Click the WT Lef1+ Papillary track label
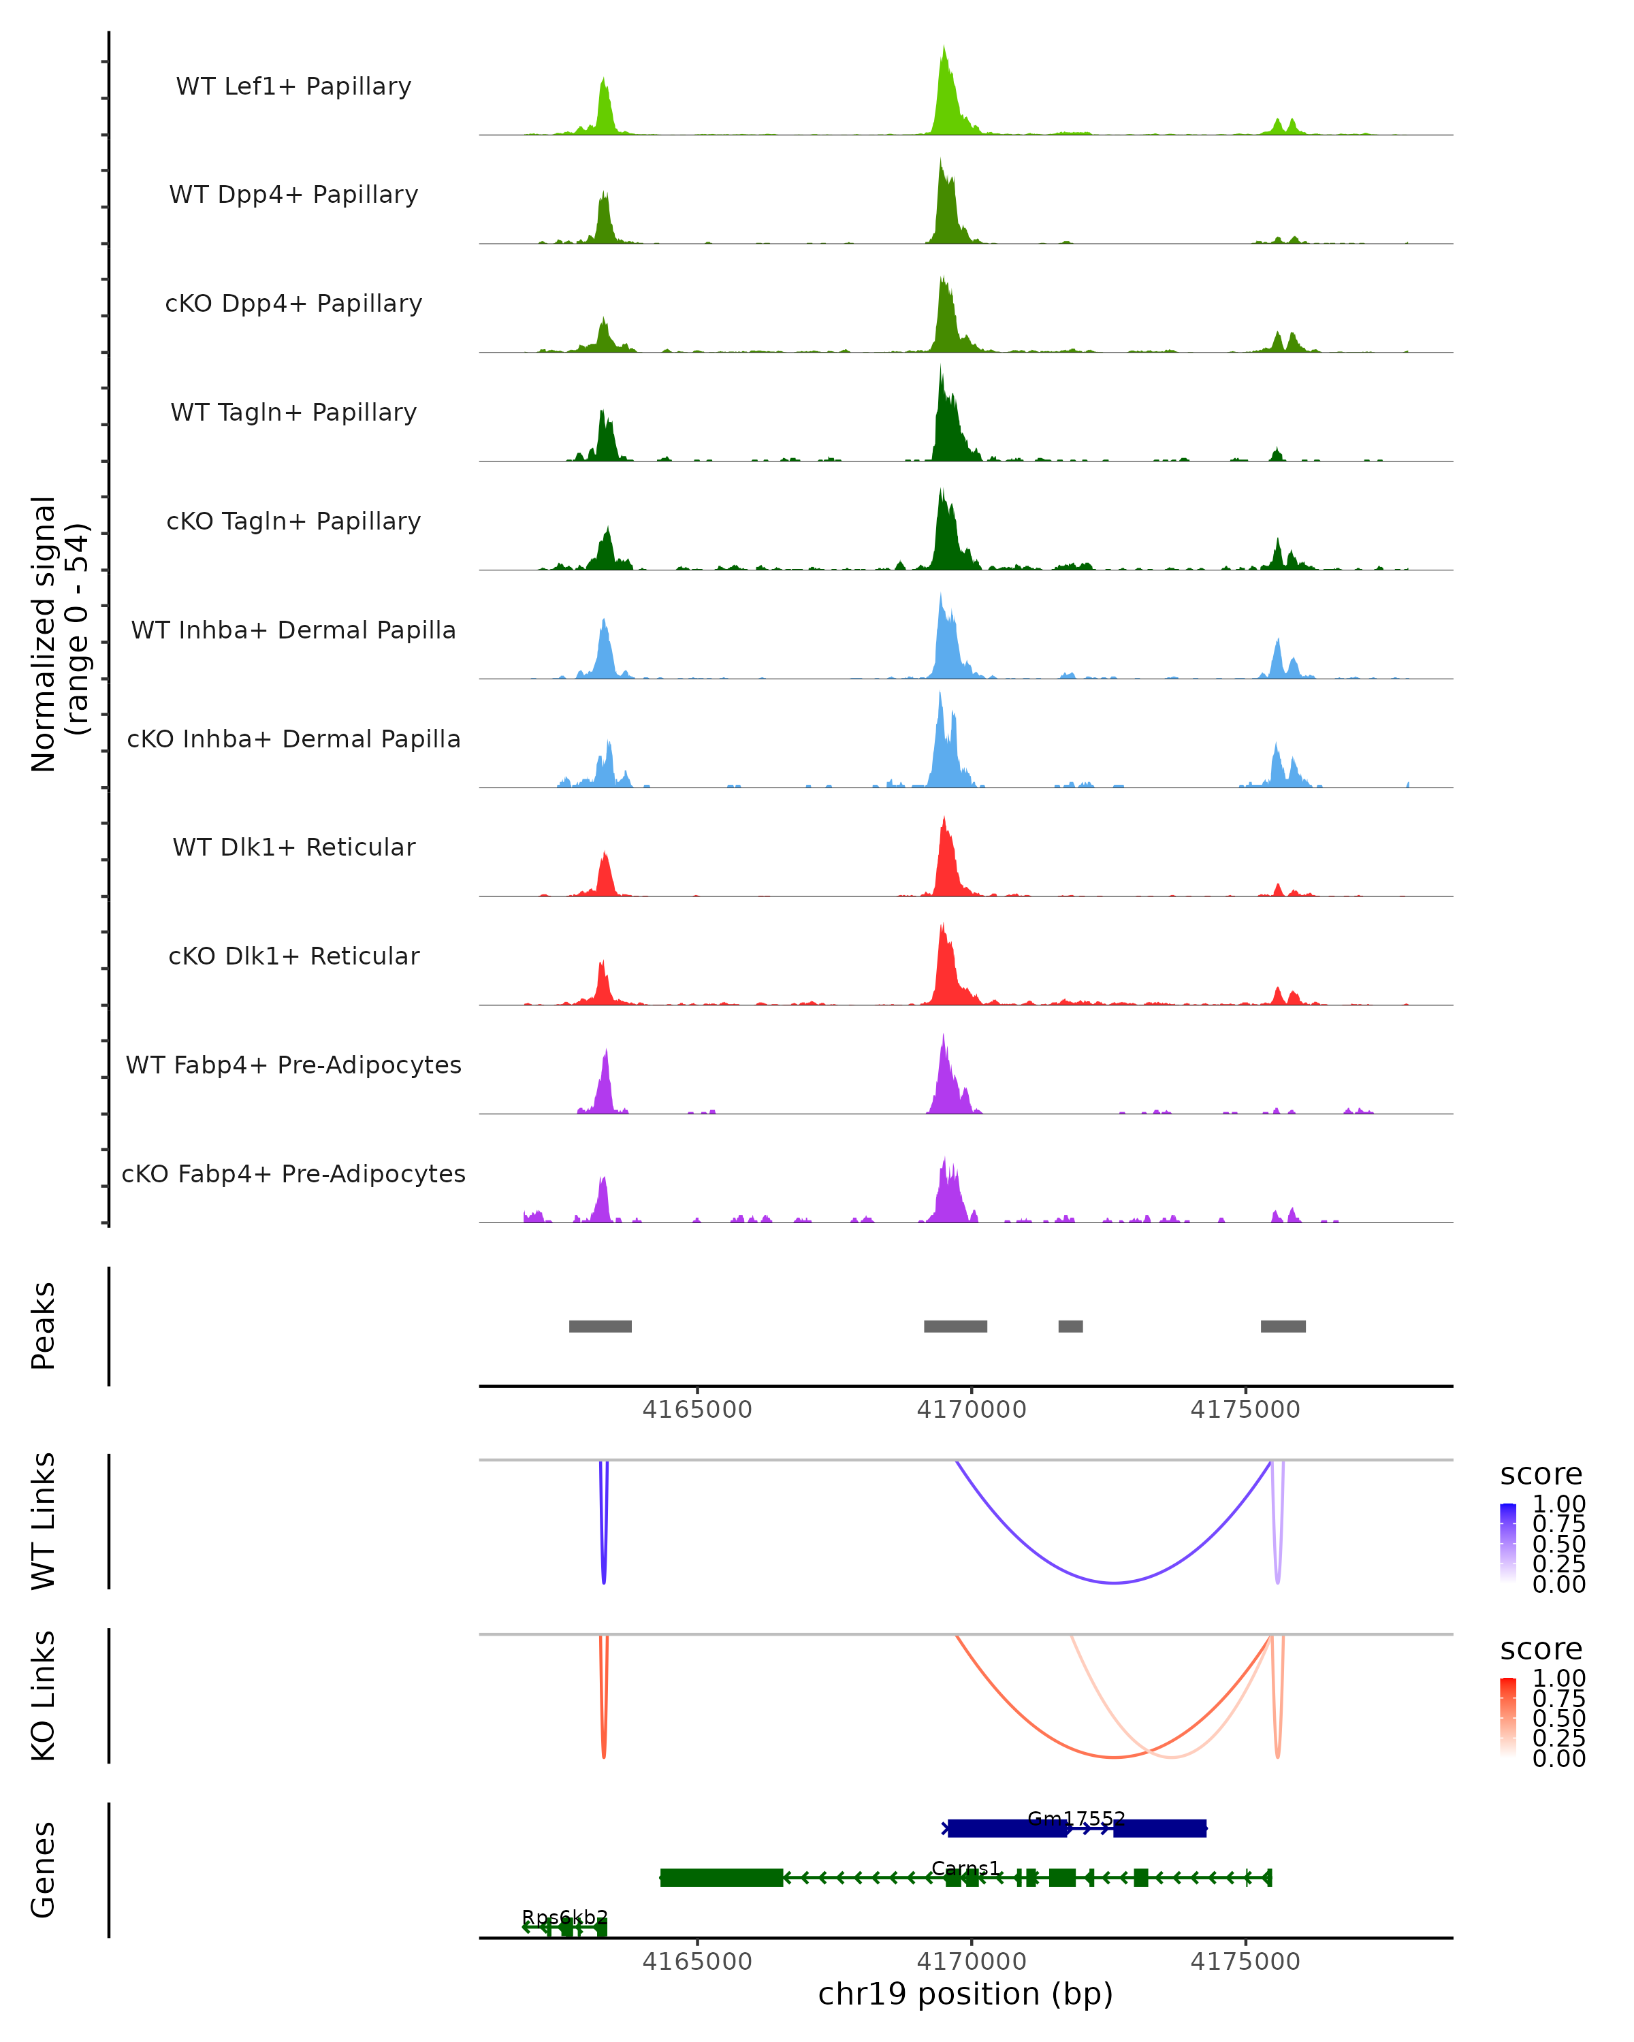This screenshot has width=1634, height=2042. (x=293, y=86)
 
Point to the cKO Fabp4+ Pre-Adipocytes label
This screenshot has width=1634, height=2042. (x=293, y=1173)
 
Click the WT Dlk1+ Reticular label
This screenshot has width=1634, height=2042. (x=293, y=847)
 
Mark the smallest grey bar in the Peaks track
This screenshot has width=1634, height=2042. (x=1070, y=1326)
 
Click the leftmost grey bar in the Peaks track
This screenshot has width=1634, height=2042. (x=600, y=1326)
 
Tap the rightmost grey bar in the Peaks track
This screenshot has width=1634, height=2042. (x=1283, y=1326)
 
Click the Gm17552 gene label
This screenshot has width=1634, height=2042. (x=1076, y=1819)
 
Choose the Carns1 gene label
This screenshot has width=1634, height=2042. (x=965, y=1868)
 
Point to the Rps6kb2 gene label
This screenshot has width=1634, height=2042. (x=564, y=1917)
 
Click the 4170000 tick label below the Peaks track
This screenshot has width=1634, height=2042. (x=971, y=1410)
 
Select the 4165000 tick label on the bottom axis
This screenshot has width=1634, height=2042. (x=697, y=1960)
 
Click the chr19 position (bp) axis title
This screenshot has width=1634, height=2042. (x=965, y=1994)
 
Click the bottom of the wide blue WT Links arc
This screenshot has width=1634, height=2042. (x=1115, y=1583)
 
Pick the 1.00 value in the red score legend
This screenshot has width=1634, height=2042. (x=1558, y=1677)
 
